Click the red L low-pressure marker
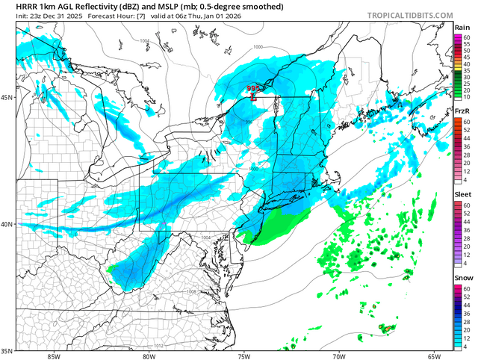[254, 96]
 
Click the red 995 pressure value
[254, 89]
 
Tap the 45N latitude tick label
[8, 97]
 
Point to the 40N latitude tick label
[8, 224]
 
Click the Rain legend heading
[462, 27]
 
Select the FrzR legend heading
[462, 111]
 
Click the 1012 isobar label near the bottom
[159, 346]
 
